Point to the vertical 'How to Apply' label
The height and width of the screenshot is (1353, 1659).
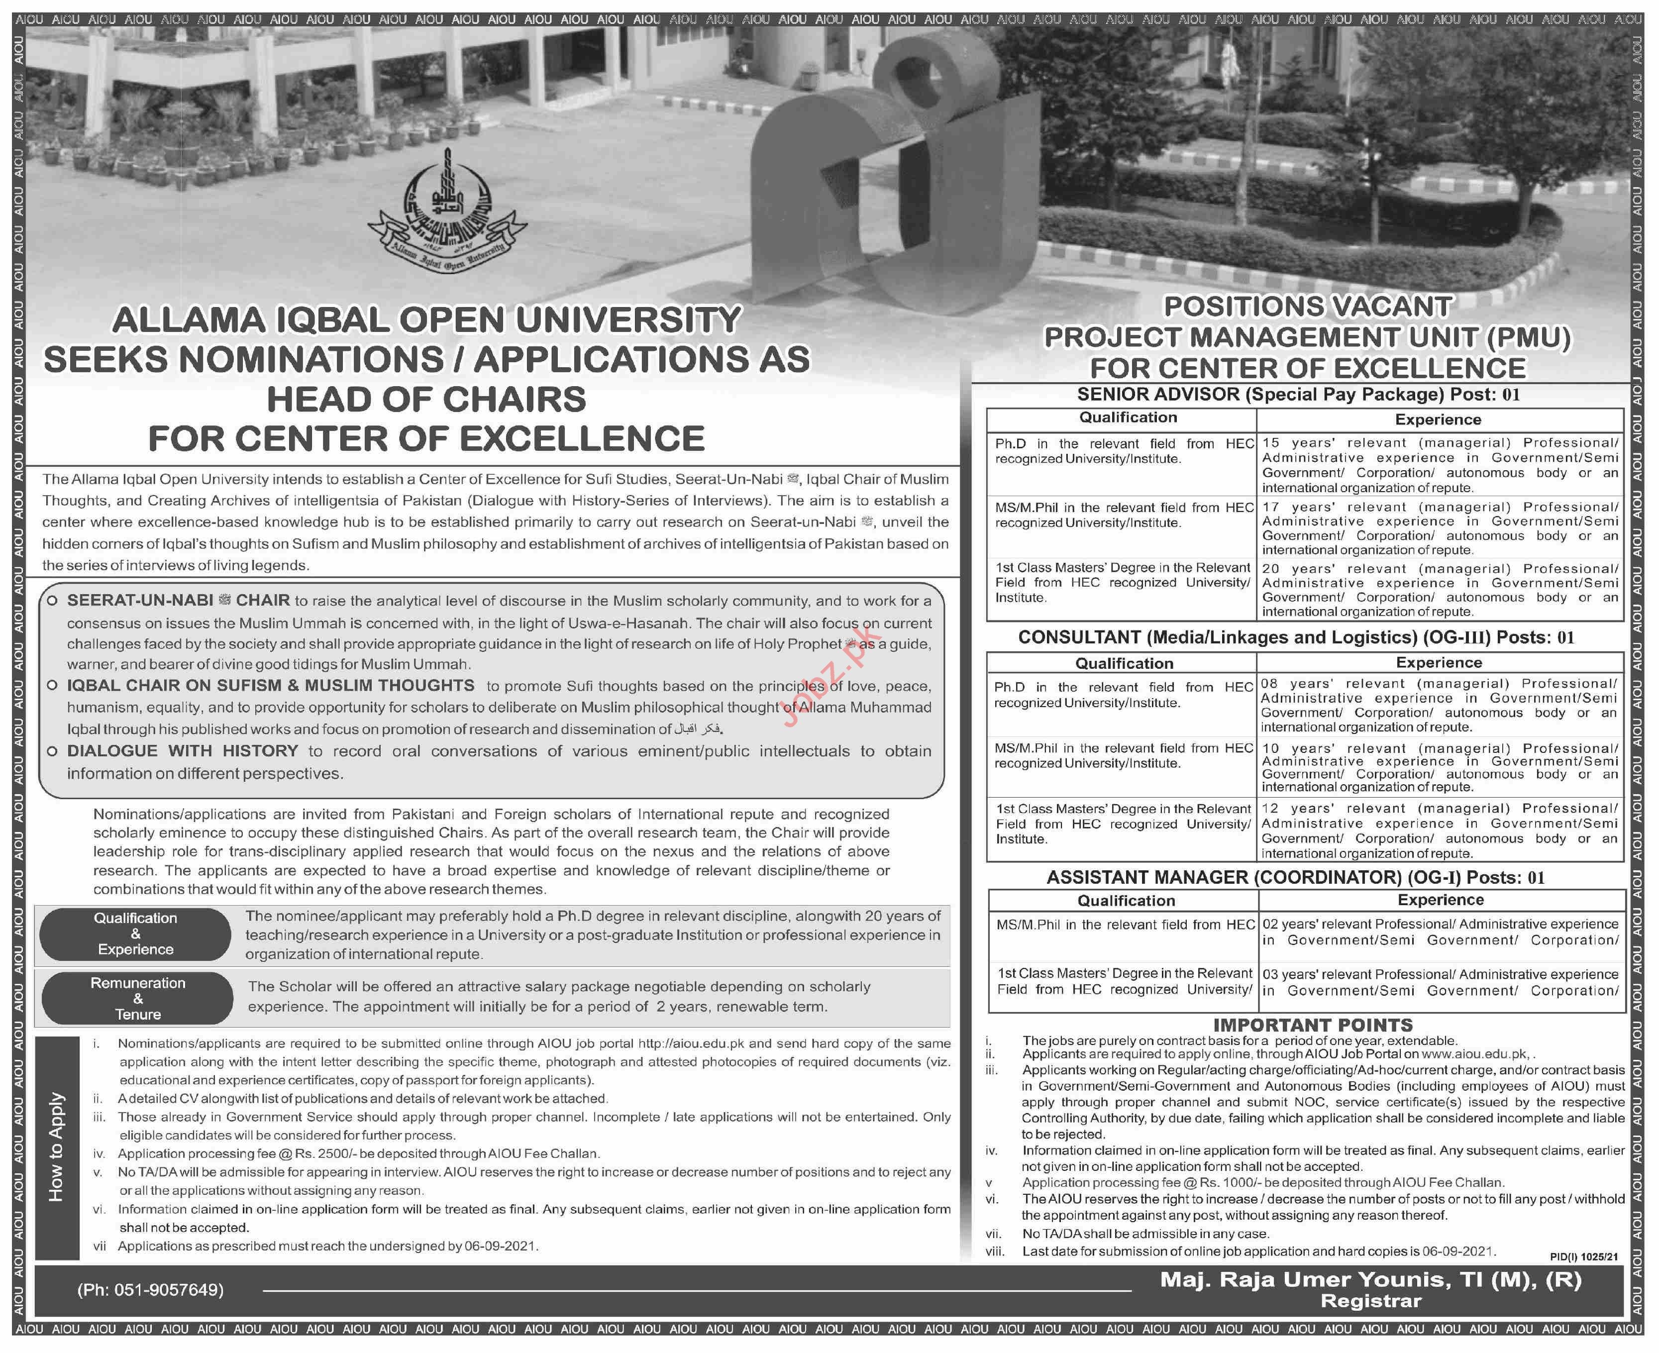click(57, 1145)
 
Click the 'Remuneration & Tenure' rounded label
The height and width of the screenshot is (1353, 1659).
click(138, 998)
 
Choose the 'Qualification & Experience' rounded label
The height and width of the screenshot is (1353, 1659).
click(135, 934)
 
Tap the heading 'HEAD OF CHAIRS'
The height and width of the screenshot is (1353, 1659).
click(426, 400)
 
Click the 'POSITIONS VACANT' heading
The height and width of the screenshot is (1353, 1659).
click(1308, 307)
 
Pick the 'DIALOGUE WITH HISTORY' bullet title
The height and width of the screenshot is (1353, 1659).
click(182, 750)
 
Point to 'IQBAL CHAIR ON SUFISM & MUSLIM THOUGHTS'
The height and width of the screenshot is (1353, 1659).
click(270, 686)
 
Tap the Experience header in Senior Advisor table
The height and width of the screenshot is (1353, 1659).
click(1438, 419)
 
